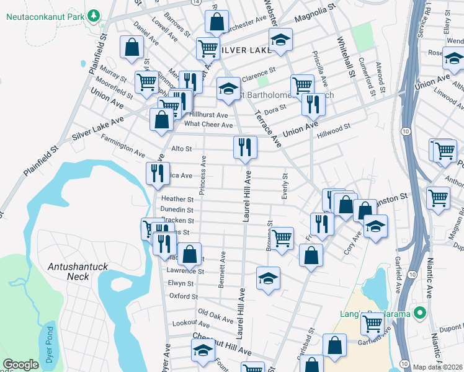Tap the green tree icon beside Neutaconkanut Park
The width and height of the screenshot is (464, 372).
[93, 14]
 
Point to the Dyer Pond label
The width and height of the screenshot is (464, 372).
[50, 345]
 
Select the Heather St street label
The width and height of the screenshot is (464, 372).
[177, 199]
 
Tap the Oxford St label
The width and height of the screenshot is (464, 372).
[184, 296]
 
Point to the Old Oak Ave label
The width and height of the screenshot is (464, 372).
[214, 314]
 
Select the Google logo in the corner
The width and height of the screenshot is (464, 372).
[20, 365]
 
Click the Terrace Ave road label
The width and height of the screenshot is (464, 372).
[267, 127]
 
